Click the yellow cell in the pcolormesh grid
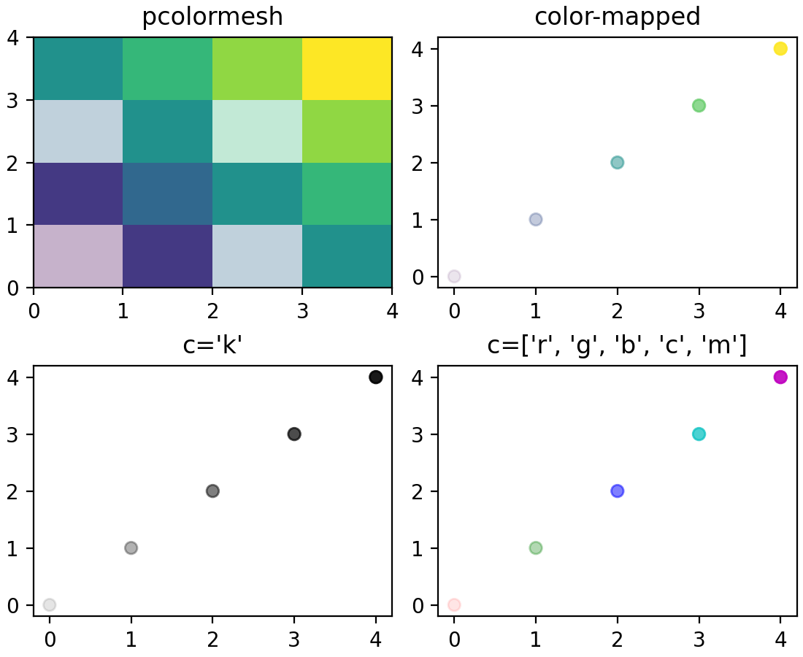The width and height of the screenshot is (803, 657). click(x=347, y=69)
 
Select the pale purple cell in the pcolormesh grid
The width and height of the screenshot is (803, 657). click(x=78, y=256)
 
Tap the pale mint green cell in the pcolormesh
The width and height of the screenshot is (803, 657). click(x=257, y=131)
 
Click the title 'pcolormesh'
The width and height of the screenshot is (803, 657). click(x=212, y=16)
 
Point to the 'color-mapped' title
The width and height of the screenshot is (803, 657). click(x=617, y=16)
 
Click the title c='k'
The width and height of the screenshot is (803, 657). click(x=212, y=345)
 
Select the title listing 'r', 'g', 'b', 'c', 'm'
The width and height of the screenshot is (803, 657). click(x=617, y=345)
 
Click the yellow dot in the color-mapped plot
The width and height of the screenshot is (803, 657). click(x=780, y=49)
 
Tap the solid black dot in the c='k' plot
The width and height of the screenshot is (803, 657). click(x=376, y=377)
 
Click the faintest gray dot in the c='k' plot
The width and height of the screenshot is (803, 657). click(x=50, y=604)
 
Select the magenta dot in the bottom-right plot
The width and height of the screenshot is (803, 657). click(x=780, y=377)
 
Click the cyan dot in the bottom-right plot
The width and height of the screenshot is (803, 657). click(x=699, y=434)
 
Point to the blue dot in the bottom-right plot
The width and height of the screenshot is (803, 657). click(x=617, y=491)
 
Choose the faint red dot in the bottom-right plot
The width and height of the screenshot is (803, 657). click(x=454, y=604)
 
